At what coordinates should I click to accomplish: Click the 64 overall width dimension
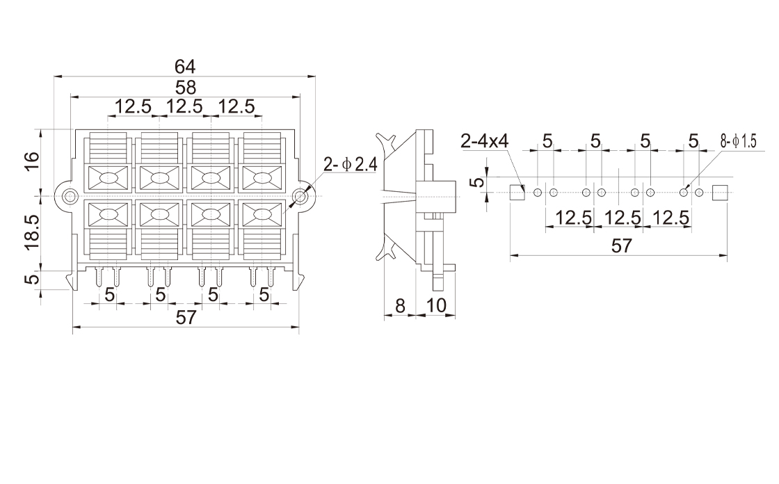(x=185, y=67)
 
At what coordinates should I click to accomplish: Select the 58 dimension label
(x=185, y=88)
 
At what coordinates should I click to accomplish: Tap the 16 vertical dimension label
(x=32, y=162)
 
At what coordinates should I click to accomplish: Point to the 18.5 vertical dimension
(x=32, y=232)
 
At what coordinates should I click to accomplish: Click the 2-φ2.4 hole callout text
(x=350, y=166)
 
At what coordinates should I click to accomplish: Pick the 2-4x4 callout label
(x=484, y=142)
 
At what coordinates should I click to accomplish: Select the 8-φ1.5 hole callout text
(x=738, y=142)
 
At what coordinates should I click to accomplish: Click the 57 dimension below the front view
(x=185, y=318)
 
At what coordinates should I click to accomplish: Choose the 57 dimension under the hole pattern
(x=620, y=245)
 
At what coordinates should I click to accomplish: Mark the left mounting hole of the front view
(x=70, y=196)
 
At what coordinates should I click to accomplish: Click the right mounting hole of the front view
(x=300, y=196)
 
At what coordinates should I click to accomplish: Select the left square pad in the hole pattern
(x=517, y=192)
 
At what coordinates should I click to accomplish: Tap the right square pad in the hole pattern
(x=720, y=192)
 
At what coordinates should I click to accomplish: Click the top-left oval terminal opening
(x=109, y=179)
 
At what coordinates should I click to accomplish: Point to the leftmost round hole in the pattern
(x=538, y=192)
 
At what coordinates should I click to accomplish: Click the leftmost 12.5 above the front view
(x=133, y=107)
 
